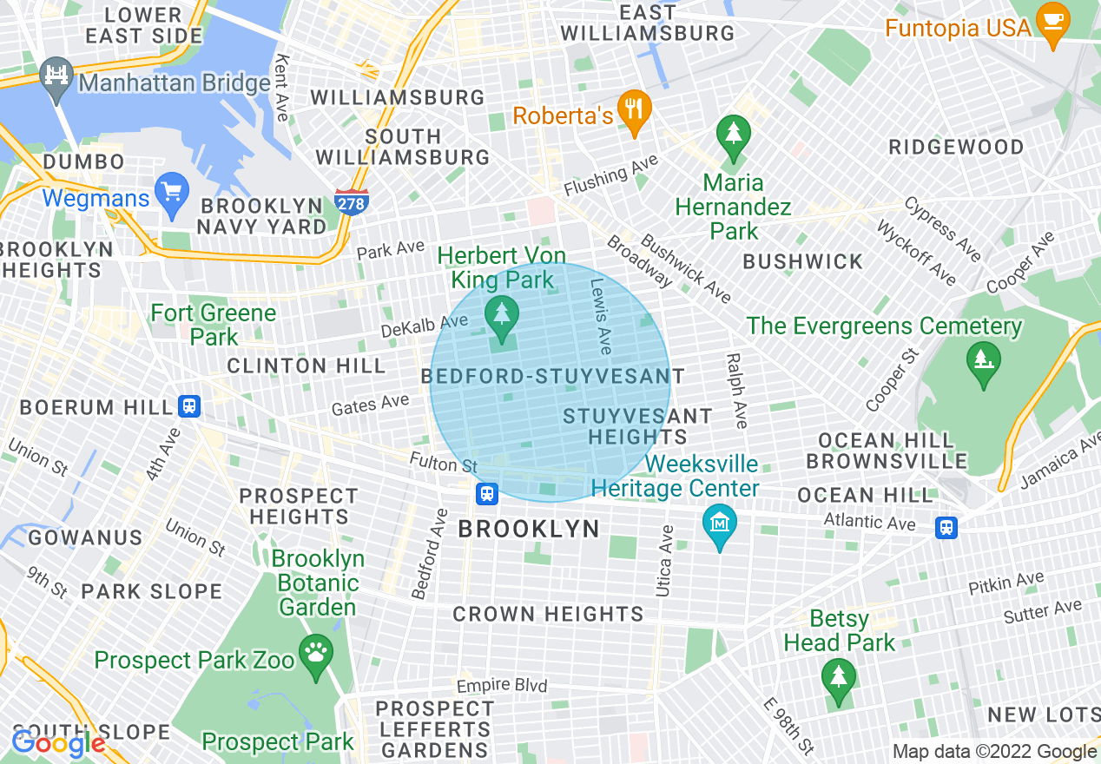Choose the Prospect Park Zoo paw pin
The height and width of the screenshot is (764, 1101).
315,653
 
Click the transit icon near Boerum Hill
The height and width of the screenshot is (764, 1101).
188,405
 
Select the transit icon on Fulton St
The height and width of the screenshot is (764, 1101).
487,494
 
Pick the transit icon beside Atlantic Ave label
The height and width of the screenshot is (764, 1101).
946,526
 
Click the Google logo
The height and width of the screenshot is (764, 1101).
57,744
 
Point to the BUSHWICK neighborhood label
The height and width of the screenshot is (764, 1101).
802,261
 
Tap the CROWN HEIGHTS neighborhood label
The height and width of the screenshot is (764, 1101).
548,614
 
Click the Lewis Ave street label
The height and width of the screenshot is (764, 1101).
601,316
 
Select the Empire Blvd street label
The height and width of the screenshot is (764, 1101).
502,685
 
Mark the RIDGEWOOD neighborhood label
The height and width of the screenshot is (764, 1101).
956,147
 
